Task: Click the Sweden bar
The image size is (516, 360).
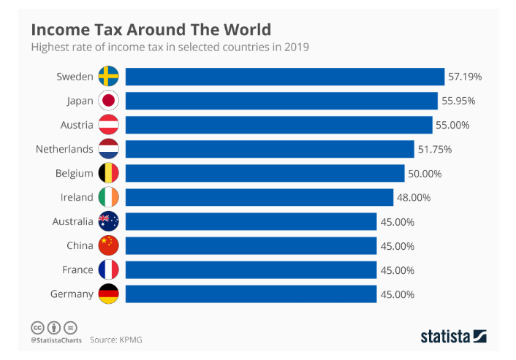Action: point(285,77)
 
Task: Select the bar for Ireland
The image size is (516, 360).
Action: point(259,197)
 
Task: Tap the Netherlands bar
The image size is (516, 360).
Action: point(270,149)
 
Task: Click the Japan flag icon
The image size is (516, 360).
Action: point(109,101)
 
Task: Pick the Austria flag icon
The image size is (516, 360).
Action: point(109,125)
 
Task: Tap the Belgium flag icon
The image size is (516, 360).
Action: point(109,173)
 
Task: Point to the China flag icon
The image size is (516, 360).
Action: point(109,245)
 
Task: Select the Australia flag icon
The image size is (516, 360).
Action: point(109,221)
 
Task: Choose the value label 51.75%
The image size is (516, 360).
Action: point(436,149)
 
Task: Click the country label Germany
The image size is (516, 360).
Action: point(72,294)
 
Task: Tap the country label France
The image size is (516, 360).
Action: point(77,269)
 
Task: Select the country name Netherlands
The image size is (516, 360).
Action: point(64,149)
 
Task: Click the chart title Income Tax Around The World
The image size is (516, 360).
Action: point(151,30)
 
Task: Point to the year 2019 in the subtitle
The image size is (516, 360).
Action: point(297,47)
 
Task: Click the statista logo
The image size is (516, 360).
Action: point(453,336)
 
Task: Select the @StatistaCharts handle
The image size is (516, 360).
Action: point(55,340)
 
